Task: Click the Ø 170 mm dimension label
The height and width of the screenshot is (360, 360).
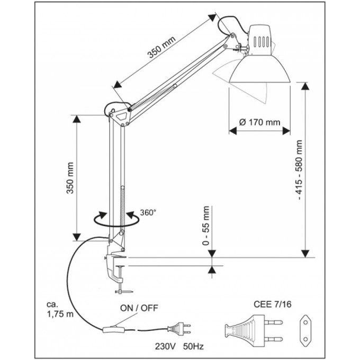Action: click(259, 122)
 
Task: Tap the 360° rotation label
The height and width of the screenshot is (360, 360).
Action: click(148, 213)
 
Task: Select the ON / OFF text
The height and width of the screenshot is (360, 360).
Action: click(139, 308)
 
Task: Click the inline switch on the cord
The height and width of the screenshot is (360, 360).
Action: click(114, 330)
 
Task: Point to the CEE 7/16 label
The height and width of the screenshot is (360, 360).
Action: click(272, 304)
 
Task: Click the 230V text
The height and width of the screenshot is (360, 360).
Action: click(165, 346)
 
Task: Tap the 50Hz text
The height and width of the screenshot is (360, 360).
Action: click(193, 346)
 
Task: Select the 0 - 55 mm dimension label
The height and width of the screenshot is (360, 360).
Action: click(206, 226)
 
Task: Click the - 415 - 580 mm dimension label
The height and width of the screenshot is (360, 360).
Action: click(300, 170)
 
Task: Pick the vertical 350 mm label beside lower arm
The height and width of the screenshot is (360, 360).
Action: click(70, 178)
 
